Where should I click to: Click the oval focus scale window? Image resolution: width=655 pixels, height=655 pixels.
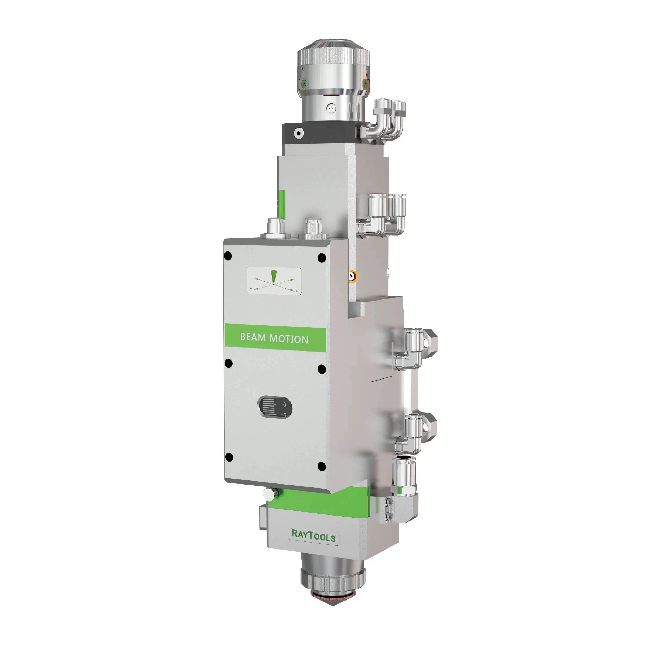click(275, 407)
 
